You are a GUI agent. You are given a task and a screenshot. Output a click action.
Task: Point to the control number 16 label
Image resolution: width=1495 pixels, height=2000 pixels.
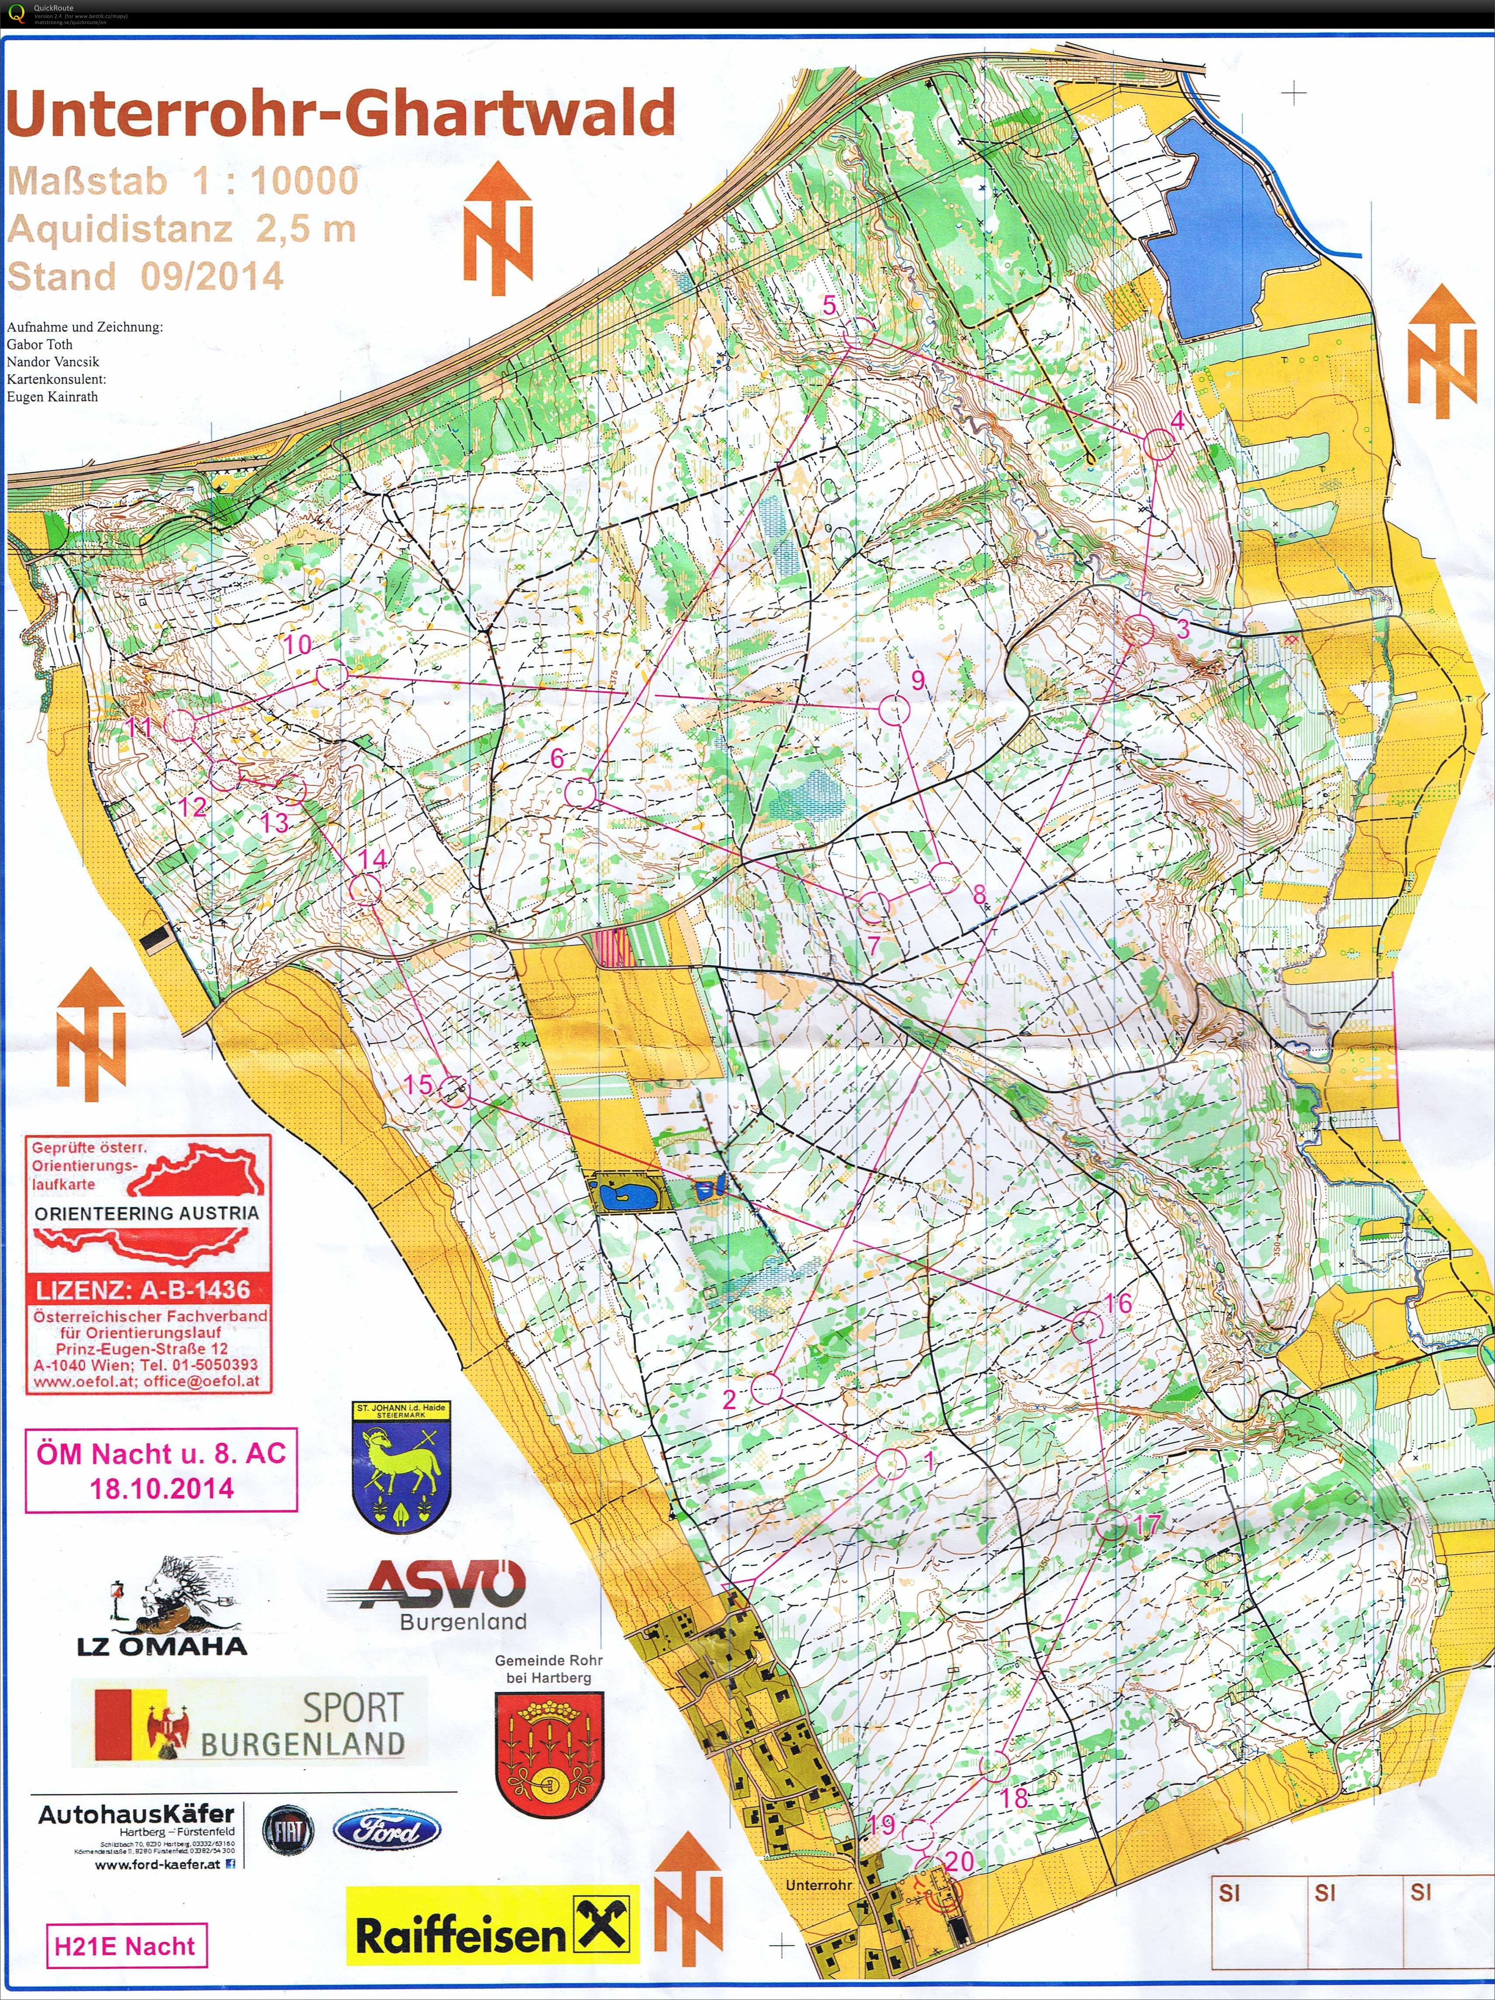1117,1303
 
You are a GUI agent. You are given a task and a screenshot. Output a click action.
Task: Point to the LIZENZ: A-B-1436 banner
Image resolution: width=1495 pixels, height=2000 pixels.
143,1290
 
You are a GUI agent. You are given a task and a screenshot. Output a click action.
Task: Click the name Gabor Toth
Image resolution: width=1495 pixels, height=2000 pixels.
40,344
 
